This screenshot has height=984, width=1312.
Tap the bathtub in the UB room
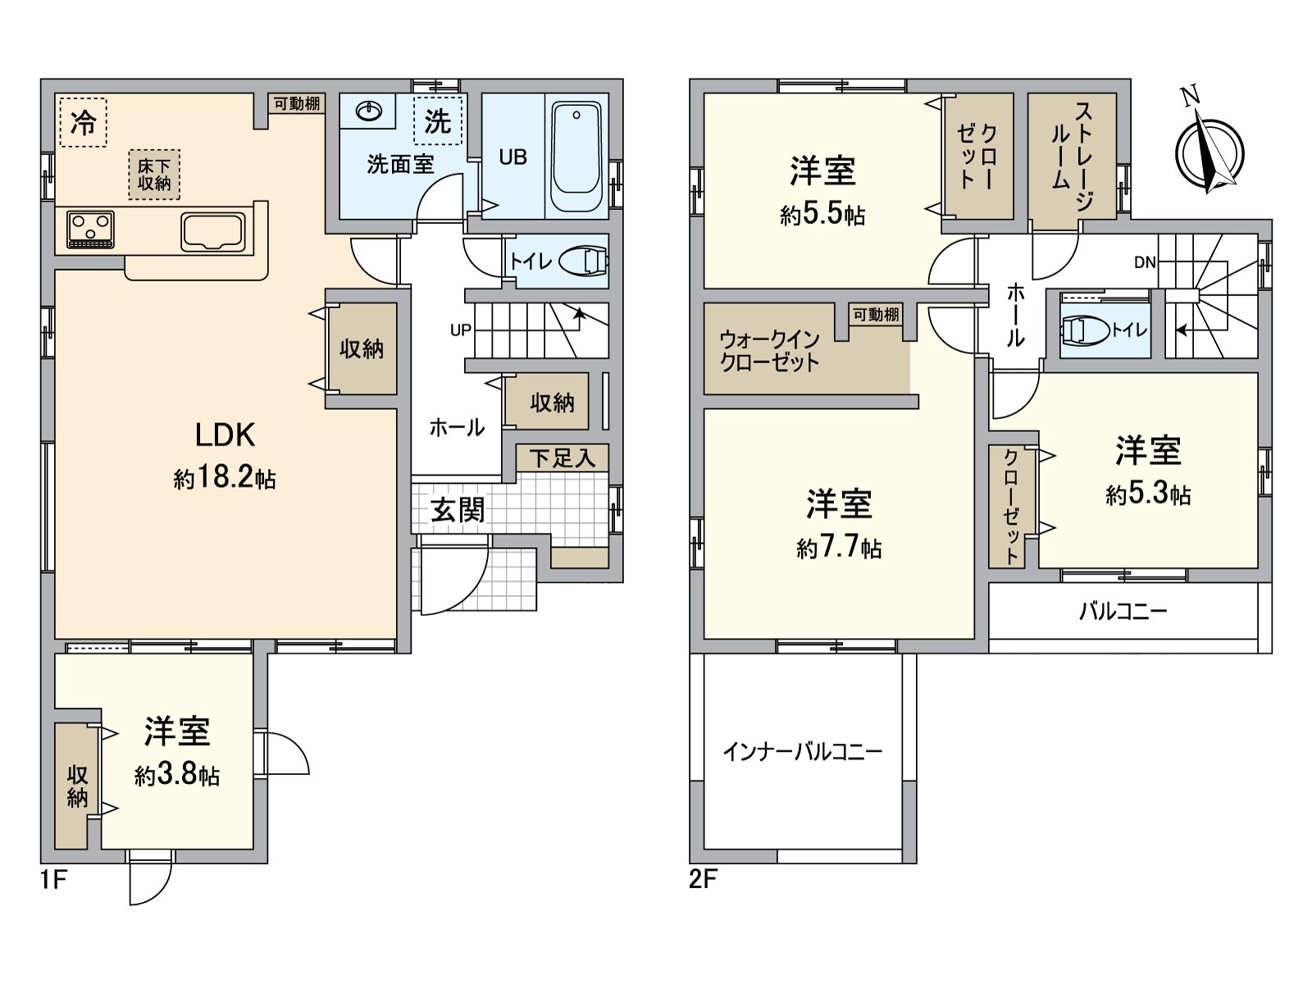point(577,157)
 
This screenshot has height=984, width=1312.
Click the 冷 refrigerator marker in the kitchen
point(83,123)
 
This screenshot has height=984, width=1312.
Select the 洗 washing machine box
point(438,121)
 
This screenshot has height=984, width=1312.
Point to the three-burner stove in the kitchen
point(91,229)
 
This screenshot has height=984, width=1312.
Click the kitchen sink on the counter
point(213,231)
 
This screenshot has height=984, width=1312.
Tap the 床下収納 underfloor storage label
point(154,175)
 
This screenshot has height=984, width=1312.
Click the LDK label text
point(225,435)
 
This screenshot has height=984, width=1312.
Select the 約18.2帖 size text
point(225,478)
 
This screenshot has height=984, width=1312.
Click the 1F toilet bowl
point(583,262)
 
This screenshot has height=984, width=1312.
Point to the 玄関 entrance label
point(458,510)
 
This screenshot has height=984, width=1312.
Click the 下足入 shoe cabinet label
point(562,458)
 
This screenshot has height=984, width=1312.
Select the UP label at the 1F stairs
point(460,330)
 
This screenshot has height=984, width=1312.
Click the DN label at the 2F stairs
point(1145,262)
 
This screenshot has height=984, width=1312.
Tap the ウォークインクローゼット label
point(769,351)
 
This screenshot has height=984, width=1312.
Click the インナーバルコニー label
point(802,751)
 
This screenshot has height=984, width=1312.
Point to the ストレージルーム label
point(1072,156)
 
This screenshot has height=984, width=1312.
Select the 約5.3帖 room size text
point(1148,494)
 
